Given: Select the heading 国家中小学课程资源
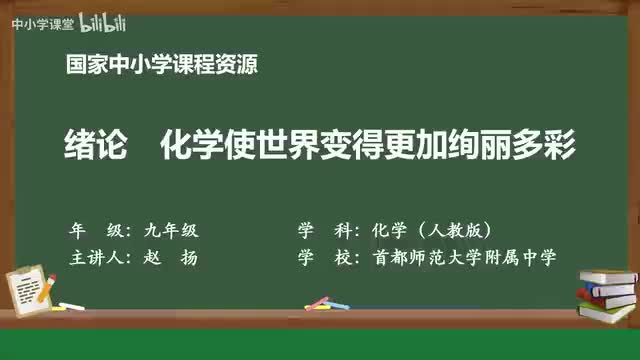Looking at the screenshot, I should tap(161, 67).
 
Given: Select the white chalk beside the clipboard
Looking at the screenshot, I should tap(70, 304).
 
